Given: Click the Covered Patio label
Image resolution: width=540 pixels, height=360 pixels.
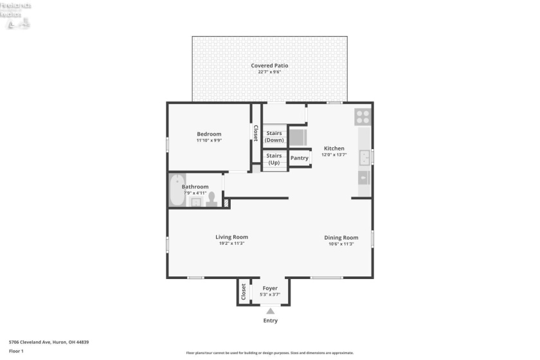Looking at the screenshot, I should [x=269, y=66].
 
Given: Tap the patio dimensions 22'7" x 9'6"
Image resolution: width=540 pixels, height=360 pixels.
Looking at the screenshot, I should [x=269, y=72].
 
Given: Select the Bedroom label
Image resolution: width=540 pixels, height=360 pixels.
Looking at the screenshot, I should [x=209, y=134].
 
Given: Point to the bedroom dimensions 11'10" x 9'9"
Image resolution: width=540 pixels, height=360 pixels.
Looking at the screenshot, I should [x=209, y=141].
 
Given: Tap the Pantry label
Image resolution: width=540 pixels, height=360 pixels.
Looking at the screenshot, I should [x=300, y=158].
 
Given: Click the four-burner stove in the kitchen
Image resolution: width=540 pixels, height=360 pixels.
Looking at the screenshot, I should [x=363, y=117].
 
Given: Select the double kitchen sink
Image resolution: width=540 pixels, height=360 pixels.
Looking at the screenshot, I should [x=365, y=156].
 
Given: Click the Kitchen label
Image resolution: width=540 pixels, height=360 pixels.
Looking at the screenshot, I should [x=334, y=148].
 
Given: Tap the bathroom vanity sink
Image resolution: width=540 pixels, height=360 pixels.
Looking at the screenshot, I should [x=195, y=203].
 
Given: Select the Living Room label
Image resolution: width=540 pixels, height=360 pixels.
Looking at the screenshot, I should [x=231, y=237].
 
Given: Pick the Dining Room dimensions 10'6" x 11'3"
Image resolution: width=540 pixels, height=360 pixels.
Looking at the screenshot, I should [x=341, y=244].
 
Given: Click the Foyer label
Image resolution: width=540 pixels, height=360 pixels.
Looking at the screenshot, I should [x=270, y=289].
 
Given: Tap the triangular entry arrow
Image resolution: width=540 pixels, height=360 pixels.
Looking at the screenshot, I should [x=270, y=310].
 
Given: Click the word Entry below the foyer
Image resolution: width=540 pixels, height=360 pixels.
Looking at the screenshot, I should [x=271, y=321].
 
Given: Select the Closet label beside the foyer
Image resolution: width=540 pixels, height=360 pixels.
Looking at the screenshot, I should [x=244, y=292].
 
